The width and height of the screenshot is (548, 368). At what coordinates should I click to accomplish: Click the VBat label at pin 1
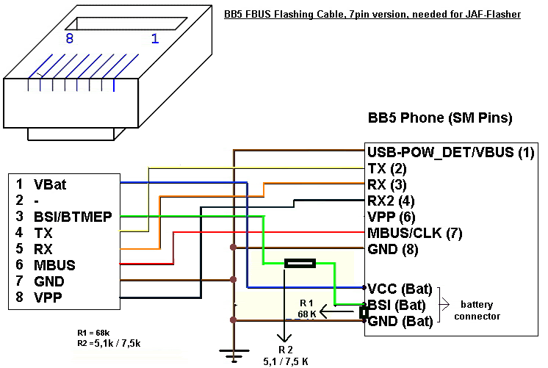(50, 184)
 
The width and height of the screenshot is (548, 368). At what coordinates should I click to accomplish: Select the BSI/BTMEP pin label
(67, 217)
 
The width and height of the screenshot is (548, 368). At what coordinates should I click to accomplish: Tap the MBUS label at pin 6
(54, 265)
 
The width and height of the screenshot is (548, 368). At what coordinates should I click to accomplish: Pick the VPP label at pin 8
(48, 297)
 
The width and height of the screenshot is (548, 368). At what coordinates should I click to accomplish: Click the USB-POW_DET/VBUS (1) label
(450, 153)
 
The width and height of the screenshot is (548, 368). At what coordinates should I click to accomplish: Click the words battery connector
(482, 310)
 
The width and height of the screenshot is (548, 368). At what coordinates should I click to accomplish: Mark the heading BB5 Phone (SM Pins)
(439, 118)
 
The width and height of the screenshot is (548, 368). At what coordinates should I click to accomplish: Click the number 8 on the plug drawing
(70, 39)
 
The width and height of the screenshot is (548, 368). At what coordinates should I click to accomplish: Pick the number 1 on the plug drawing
(154, 39)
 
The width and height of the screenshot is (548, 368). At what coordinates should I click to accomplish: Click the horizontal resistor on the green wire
(299, 263)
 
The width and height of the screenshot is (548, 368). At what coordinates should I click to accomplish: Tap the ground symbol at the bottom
(234, 358)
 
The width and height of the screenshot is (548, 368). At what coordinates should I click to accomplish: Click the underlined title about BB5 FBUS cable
(372, 14)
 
